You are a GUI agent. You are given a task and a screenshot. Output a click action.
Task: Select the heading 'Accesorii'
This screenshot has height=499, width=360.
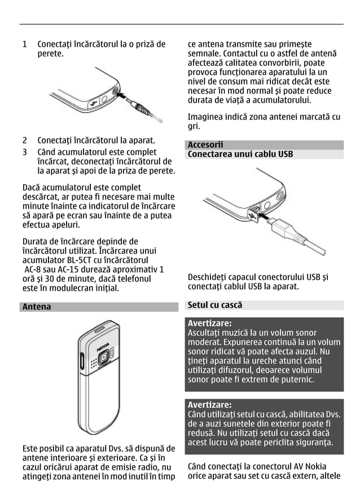point(205,145)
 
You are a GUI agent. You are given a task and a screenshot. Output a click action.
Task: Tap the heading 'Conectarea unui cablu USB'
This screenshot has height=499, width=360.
point(240,154)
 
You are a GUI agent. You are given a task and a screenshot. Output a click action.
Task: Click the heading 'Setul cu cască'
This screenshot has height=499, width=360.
point(214,305)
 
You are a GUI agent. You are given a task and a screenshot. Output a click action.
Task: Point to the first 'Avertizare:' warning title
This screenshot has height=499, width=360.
point(209,323)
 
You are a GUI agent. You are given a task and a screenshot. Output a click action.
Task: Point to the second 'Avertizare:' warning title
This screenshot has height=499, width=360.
point(209,405)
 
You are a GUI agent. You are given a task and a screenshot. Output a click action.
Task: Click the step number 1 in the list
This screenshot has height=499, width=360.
point(24,44)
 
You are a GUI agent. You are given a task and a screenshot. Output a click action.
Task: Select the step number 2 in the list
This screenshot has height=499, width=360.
point(24,140)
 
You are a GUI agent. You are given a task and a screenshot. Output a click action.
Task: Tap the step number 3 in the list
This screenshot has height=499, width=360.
point(24,152)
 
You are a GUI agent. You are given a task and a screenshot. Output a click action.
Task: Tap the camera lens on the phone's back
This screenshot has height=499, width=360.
point(104,358)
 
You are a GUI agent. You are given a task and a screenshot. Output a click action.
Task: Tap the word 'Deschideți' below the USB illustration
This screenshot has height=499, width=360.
point(210,277)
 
